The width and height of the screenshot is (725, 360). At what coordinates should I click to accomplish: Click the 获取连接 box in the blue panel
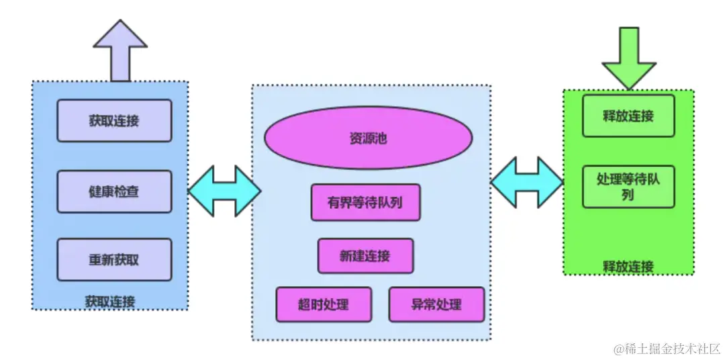tap(114, 121)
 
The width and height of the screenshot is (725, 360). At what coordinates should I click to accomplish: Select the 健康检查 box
tap(114, 191)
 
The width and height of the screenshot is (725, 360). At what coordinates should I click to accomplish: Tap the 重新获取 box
tap(114, 259)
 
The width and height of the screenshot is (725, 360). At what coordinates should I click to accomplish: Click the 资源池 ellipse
tap(368, 138)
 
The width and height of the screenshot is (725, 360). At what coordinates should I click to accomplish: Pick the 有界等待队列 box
tap(365, 202)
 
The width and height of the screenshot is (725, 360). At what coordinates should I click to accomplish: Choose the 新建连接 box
tap(365, 255)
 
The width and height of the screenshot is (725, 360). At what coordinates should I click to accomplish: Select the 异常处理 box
tap(436, 304)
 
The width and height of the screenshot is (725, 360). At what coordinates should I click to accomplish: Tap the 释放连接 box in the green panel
tap(628, 116)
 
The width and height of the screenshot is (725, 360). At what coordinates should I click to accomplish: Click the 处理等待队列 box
tap(628, 187)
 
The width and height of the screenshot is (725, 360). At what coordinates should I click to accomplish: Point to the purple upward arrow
tap(120, 50)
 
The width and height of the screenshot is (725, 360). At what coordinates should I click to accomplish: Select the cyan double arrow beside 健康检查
tap(224, 191)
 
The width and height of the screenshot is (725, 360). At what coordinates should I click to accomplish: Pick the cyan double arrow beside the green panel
tap(527, 182)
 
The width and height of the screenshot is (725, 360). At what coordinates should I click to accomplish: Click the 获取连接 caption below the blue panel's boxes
tap(111, 302)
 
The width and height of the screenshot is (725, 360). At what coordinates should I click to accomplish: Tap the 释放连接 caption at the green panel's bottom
tap(628, 267)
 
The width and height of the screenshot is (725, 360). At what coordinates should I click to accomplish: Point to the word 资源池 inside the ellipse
tap(368, 138)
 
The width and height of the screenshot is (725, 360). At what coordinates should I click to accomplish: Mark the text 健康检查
tap(114, 191)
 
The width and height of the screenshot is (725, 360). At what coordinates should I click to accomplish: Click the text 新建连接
tap(365, 255)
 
